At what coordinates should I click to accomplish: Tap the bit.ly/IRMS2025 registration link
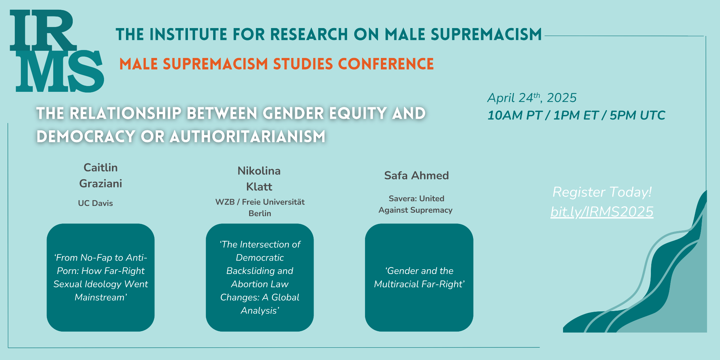click(x=602, y=212)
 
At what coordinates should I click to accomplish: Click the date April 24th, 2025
click(x=532, y=98)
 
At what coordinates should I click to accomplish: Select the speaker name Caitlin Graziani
click(x=100, y=176)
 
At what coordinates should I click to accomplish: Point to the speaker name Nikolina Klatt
click(x=259, y=179)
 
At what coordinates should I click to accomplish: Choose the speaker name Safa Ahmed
click(x=417, y=176)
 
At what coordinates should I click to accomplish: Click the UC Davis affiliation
click(x=95, y=203)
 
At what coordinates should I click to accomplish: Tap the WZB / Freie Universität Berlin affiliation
click(x=260, y=208)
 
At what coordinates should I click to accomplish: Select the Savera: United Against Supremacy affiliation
click(x=416, y=204)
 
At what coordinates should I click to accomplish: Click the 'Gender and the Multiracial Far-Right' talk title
click(x=419, y=278)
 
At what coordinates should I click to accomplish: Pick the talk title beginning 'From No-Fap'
click(x=101, y=278)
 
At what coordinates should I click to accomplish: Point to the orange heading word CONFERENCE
click(x=386, y=64)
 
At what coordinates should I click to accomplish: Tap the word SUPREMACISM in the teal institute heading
click(x=486, y=35)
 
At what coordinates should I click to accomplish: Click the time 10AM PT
click(x=514, y=116)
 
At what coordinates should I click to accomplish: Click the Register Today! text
click(x=602, y=192)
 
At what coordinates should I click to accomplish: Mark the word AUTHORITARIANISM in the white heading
click(x=248, y=137)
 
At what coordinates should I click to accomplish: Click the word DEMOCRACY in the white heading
click(x=86, y=137)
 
